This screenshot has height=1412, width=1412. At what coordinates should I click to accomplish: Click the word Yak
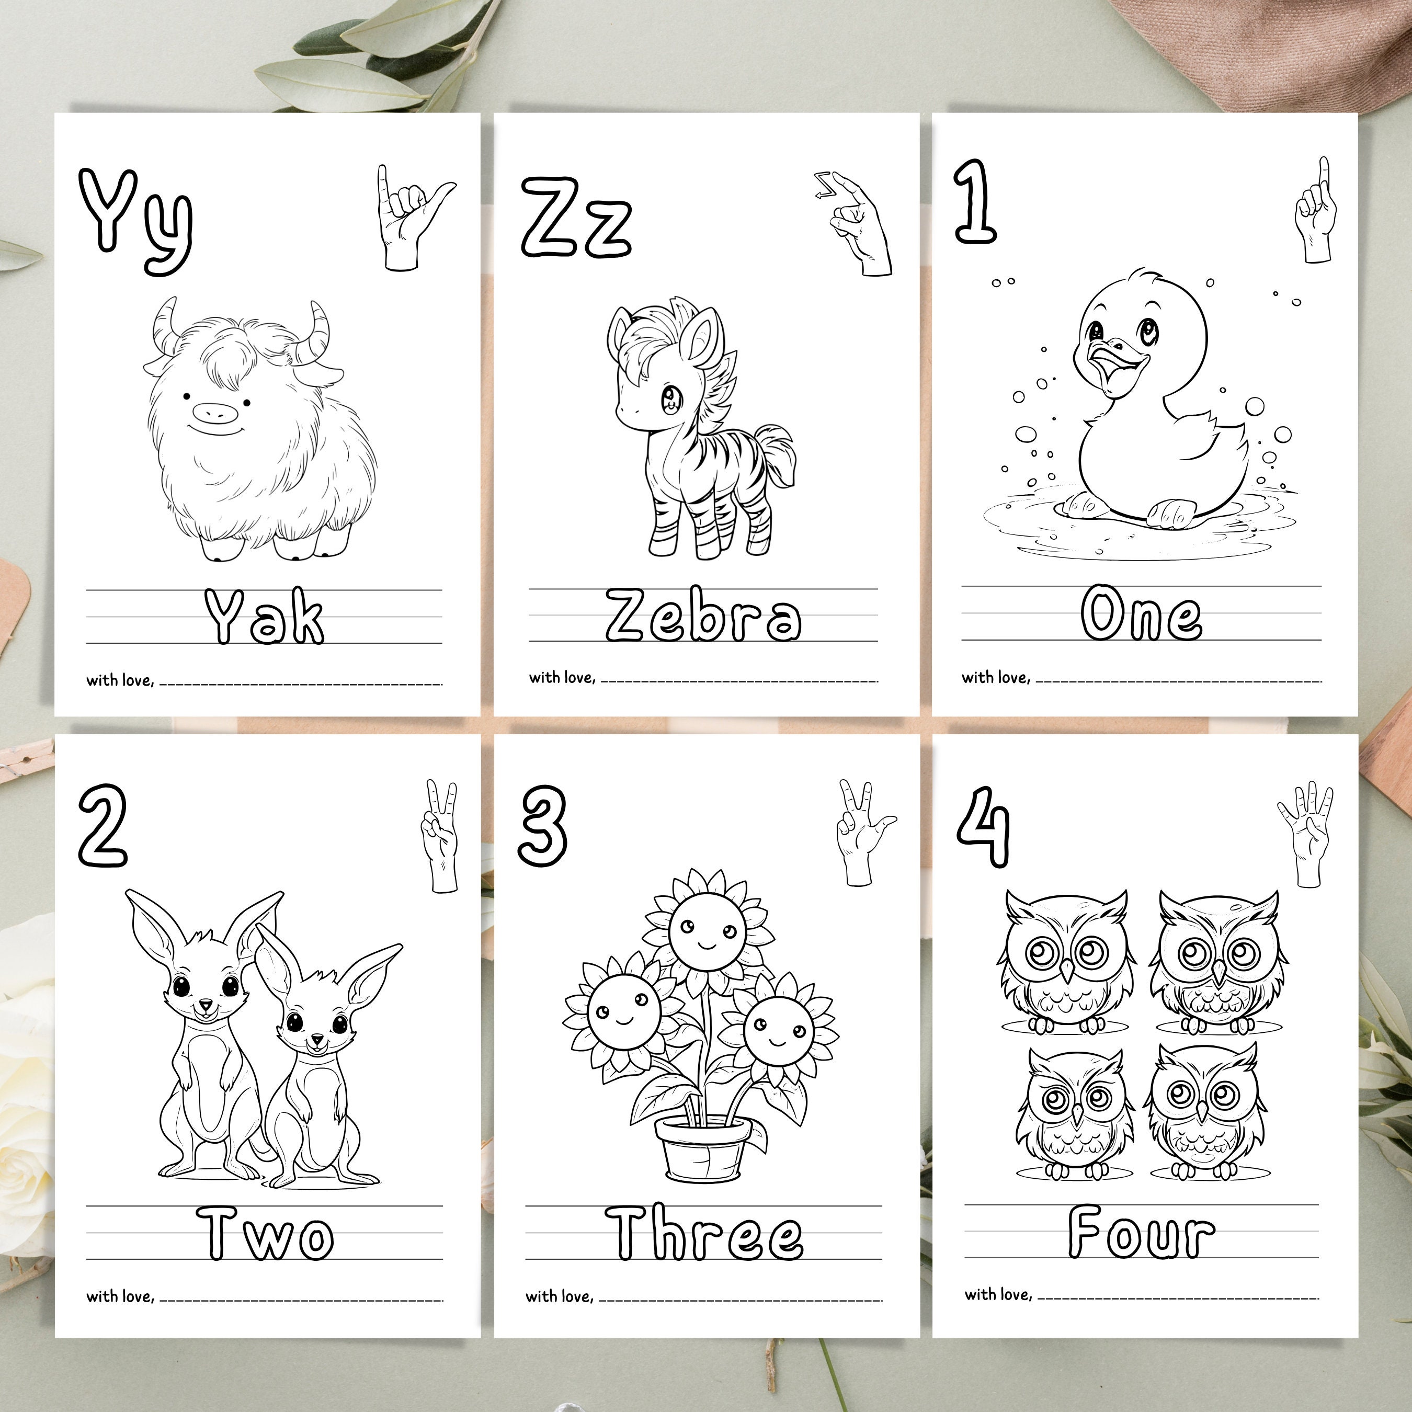tap(264, 618)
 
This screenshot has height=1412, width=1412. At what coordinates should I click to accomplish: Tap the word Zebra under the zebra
tap(703, 616)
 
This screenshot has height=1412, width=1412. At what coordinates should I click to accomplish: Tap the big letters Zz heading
tap(576, 218)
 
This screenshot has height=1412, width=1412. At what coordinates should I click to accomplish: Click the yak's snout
tap(217, 414)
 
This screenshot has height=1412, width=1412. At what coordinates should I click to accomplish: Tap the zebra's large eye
tap(669, 398)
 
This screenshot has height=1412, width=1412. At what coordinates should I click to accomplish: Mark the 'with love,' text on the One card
tap(995, 677)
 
